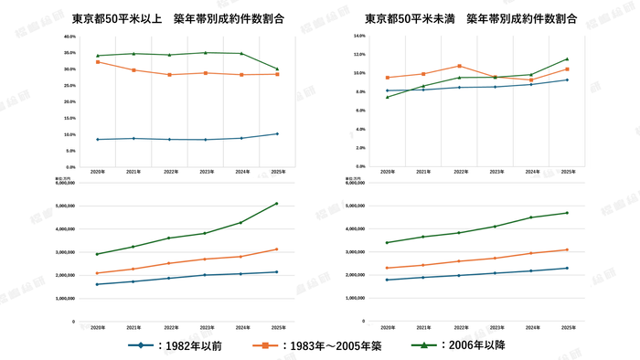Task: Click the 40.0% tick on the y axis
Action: (x=69, y=37)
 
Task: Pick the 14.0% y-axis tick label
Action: (x=359, y=36)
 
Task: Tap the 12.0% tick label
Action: (x=359, y=54)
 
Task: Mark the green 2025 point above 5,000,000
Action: (x=277, y=204)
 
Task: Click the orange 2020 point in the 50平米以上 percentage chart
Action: (x=98, y=62)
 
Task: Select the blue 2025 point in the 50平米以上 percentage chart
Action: (x=277, y=133)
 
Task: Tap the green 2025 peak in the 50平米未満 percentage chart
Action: (x=567, y=59)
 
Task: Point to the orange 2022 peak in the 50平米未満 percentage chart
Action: (x=459, y=66)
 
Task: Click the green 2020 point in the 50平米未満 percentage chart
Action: (x=387, y=97)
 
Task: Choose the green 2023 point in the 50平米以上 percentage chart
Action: (x=205, y=52)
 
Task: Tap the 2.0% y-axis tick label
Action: (x=359, y=148)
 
